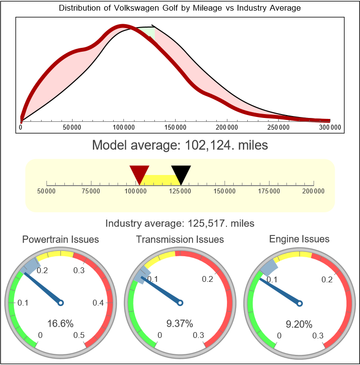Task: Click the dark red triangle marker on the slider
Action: [x=139, y=173]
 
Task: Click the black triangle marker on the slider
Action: [x=181, y=173]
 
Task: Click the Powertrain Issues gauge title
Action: [x=60, y=239]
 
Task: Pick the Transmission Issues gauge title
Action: [x=180, y=239]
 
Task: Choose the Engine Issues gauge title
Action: [x=299, y=239]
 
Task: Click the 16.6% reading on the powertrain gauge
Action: [x=60, y=323]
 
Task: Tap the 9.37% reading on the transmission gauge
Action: [x=180, y=323]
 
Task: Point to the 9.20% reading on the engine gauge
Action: [x=299, y=324]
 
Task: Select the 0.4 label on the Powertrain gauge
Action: [x=99, y=303]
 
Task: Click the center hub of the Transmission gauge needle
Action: [x=180, y=303]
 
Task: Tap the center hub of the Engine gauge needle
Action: [x=299, y=303]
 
